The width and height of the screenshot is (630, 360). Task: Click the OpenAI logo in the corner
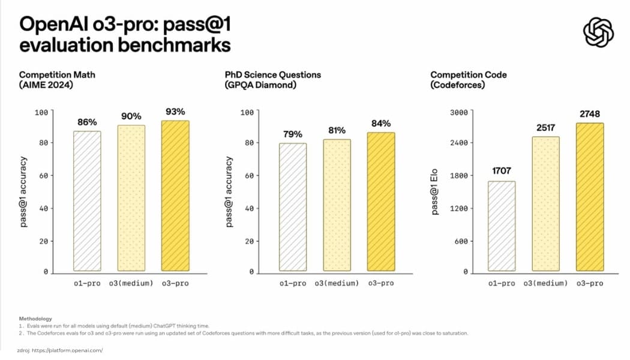coord(598,32)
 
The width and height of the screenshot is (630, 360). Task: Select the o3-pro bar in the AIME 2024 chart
coord(175,196)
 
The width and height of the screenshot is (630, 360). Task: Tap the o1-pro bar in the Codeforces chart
coord(502,226)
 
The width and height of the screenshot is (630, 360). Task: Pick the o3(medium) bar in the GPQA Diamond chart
coord(337,205)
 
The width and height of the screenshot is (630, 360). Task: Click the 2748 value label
coord(589,113)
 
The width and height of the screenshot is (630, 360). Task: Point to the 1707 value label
coord(502,171)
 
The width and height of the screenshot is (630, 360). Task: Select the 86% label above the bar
coord(87,122)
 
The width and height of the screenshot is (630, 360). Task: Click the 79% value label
coord(293,134)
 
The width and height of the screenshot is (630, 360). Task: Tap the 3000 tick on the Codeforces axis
coord(459,112)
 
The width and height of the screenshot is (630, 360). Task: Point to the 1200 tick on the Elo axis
coord(459,208)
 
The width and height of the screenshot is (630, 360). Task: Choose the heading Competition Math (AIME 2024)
coord(57,80)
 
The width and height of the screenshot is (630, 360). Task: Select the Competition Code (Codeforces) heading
coord(469,80)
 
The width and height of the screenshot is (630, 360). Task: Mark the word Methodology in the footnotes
coord(35,318)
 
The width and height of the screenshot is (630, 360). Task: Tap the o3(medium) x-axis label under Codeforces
coord(545,283)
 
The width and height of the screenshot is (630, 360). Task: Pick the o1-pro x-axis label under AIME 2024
coord(87,283)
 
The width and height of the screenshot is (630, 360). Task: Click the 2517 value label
coord(545,127)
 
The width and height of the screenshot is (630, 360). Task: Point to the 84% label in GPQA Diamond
coord(382,123)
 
